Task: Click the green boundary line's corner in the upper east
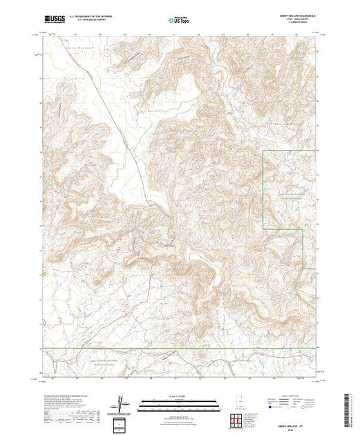click(x=264, y=150)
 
